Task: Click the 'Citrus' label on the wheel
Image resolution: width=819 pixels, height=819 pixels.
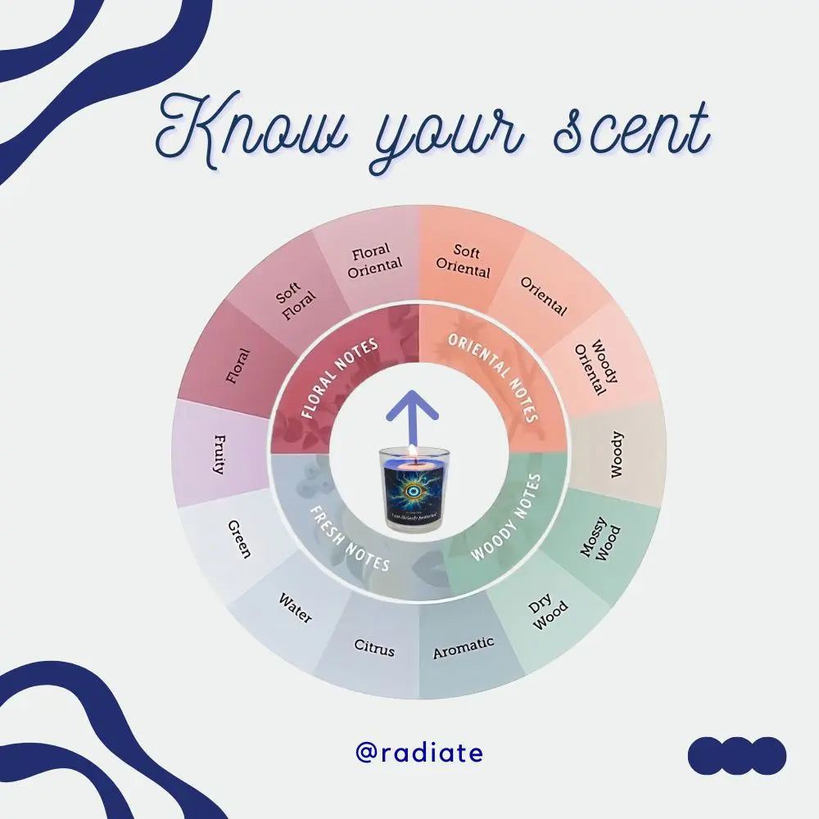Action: click(x=374, y=649)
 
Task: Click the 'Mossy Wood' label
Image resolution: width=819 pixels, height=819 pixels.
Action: click(x=600, y=543)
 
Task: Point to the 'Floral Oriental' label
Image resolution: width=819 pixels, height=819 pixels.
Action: click(x=375, y=260)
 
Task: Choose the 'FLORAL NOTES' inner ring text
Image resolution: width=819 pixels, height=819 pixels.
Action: click(x=340, y=378)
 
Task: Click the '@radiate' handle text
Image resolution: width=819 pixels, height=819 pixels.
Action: click(x=419, y=753)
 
